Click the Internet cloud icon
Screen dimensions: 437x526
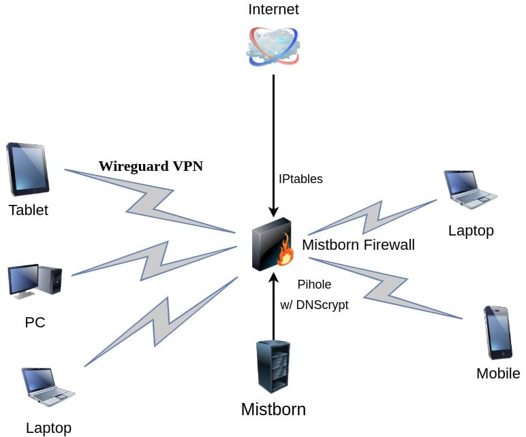tap(273, 46)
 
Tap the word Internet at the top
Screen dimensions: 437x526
tap(273, 10)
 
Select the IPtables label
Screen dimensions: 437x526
tap(300, 179)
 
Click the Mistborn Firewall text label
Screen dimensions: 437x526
tap(358, 245)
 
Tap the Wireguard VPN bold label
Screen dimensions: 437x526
tap(151, 166)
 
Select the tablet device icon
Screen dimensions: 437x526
tap(27, 169)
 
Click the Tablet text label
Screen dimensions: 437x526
tap(28, 210)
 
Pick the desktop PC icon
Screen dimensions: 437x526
tap(35, 281)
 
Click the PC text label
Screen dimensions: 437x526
tap(35, 322)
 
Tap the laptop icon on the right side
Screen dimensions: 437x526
tap(471, 189)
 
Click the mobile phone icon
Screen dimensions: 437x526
tap(497, 332)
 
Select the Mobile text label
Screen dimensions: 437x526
tap(498, 373)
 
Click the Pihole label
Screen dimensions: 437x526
tap(314, 285)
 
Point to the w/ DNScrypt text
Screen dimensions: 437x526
tap(314, 305)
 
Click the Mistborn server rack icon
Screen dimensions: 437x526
tap(273, 366)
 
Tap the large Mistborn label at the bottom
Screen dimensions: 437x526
tap(273, 409)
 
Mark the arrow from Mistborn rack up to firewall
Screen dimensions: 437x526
tap(273, 306)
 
